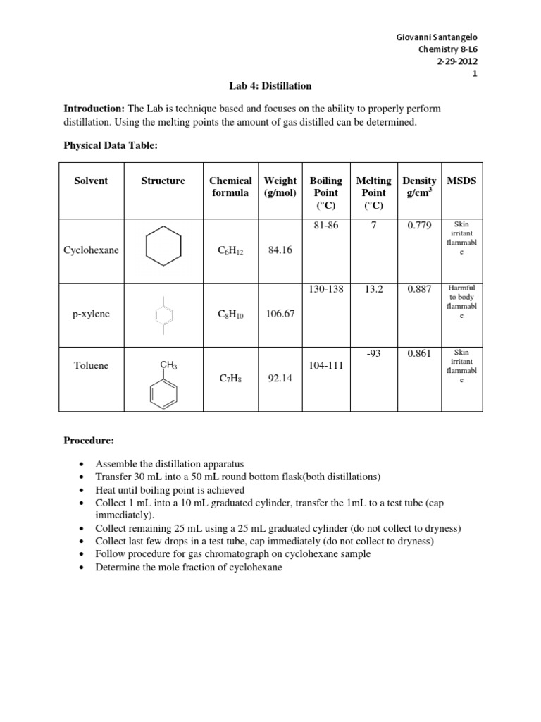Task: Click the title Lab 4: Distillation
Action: pyautogui.click(x=270, y=86)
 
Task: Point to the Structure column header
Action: pyautogui.click(x=163, y=180)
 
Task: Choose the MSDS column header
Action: pyautogui.click(x=461, y=180)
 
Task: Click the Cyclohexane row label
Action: pyautogui.click(x=91, y=250)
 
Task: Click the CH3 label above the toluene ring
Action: pyautogui.click(x=168, y=365)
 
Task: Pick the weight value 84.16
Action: pyautogui.click(x=280, y=250)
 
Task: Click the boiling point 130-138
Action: pyautogui.click(x=326, y=289)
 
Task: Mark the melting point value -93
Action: pyautogui.click(x=373, y=353)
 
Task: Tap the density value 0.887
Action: pyautogui.click(x=419, y=289)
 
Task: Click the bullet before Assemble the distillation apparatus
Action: pyautogui.click(x=82, y=464)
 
